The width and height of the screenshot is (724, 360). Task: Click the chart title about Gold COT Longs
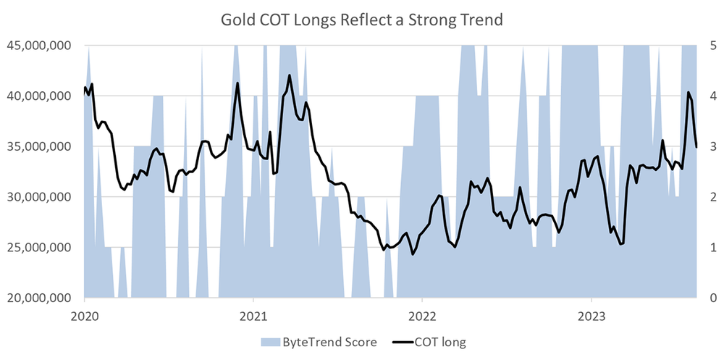pyautogui.click(x=361, y=20)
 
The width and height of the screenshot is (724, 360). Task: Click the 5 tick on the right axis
pyautogui.click(x=712, y=45)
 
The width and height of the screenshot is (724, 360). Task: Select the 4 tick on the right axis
pyautogui.click(x=712, y=96)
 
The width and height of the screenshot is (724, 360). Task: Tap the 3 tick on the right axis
pyautogui.click(x=712, y=146)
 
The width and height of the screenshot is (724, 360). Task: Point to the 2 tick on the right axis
pyautogui.click(x=712, y=197)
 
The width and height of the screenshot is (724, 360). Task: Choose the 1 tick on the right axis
pyautogui.click(x=712, y=248)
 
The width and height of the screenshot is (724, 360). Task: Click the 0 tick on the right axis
pyautogui.click(x=712, y=298)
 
